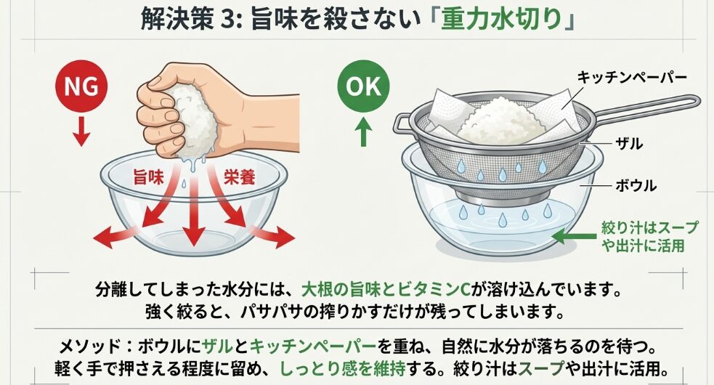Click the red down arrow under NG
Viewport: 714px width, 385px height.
coord(82,129)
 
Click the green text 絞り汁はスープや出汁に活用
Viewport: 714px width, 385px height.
coord(649,237)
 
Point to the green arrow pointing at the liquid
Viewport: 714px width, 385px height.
coord(574,235)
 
